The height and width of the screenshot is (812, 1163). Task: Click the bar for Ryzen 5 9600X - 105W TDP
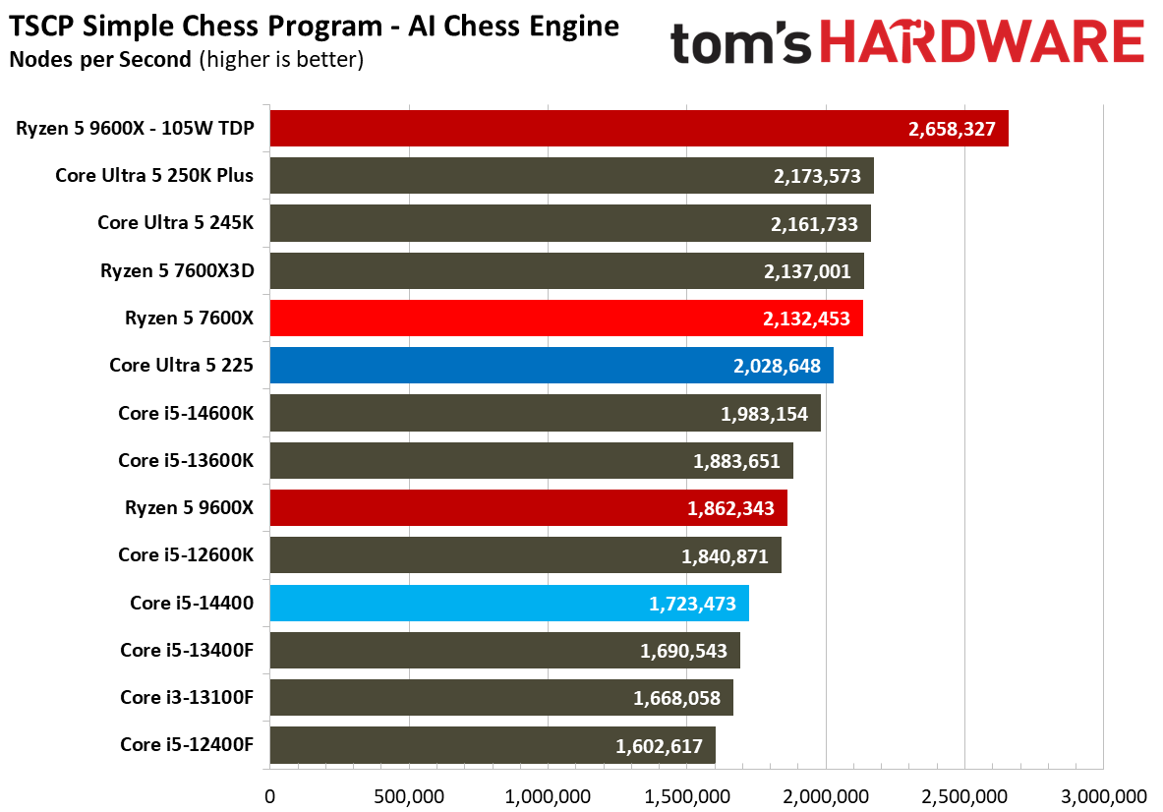639,129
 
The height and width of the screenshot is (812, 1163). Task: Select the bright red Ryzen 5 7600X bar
566,319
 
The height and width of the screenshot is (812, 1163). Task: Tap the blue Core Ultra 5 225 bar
552,366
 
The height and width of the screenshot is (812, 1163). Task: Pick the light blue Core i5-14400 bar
509,603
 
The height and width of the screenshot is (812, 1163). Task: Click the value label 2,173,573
817,177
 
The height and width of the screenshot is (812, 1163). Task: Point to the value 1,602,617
659,746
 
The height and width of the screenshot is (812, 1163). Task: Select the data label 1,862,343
730,508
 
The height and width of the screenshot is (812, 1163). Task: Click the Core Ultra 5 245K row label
176,222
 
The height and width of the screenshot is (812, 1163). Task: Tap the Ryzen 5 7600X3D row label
177,270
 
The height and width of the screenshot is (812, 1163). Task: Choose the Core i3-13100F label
187,697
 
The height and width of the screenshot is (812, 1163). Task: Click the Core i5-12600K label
186,554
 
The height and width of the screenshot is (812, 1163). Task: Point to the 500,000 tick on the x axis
409,797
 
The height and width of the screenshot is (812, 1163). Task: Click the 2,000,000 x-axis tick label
826,797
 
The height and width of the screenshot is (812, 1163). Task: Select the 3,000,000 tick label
1104,797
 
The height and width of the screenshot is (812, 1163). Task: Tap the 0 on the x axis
270,797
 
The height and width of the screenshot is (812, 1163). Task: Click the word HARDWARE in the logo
982,42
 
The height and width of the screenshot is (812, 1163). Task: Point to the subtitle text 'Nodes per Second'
100,59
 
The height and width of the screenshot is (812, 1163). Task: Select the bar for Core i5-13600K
532,460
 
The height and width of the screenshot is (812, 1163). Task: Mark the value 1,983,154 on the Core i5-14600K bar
764,414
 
